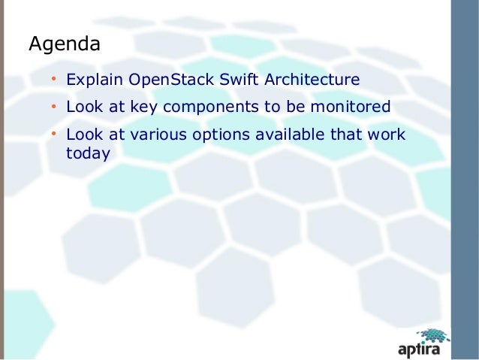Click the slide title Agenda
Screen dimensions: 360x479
tap(64, 44)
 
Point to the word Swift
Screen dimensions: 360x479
tap(233, 80)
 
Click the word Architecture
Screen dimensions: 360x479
tap(309, 80)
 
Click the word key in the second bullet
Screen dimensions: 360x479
tap(143, 107)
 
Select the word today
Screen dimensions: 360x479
tap(89, 153)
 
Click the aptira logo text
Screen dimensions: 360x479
tap(423, 349)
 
